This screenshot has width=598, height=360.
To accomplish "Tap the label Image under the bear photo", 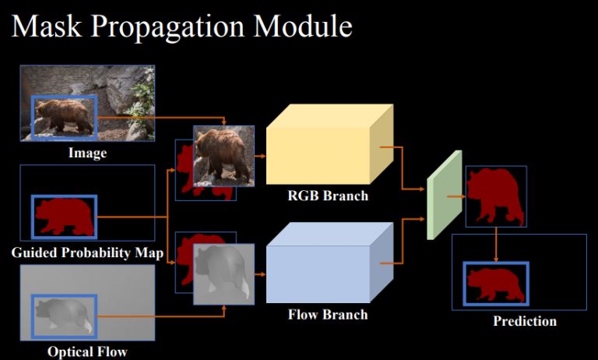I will coord(87,154).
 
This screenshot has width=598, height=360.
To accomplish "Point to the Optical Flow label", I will coord(86,351).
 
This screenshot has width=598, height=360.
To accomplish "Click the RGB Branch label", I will coord(327,196).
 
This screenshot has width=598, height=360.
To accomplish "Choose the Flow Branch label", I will coord(327,316).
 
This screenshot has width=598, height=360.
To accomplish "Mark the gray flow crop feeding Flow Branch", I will coord(224,274).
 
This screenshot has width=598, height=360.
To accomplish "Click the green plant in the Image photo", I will coord(141,94).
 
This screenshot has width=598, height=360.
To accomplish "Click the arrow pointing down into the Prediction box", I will coord(496,245).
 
